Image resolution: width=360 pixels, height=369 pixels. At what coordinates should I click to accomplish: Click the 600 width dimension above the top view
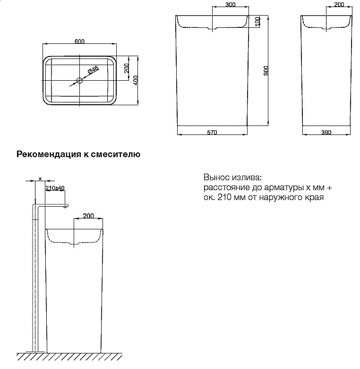79,42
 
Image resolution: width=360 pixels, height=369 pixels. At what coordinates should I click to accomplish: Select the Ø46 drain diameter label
93,71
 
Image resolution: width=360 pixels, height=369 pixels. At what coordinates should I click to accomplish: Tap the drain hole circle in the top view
79,81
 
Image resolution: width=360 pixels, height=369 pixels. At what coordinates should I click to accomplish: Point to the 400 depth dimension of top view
136,80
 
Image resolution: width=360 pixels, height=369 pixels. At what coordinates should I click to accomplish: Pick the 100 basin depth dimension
257,22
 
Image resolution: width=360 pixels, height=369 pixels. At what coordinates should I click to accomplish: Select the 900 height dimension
266,71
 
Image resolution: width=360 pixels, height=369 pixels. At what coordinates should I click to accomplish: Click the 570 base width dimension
212,133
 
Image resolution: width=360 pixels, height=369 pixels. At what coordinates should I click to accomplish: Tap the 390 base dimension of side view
326,133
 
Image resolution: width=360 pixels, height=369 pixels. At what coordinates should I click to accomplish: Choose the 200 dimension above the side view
339,4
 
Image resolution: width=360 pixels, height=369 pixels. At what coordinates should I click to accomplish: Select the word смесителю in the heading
119,154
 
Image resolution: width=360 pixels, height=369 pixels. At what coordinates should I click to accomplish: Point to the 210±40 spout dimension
55,188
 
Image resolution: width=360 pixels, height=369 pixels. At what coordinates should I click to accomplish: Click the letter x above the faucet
40,178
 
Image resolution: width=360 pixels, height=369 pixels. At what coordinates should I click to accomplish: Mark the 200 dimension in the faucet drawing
88,215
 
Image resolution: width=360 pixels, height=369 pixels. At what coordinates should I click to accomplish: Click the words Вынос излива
231,178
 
